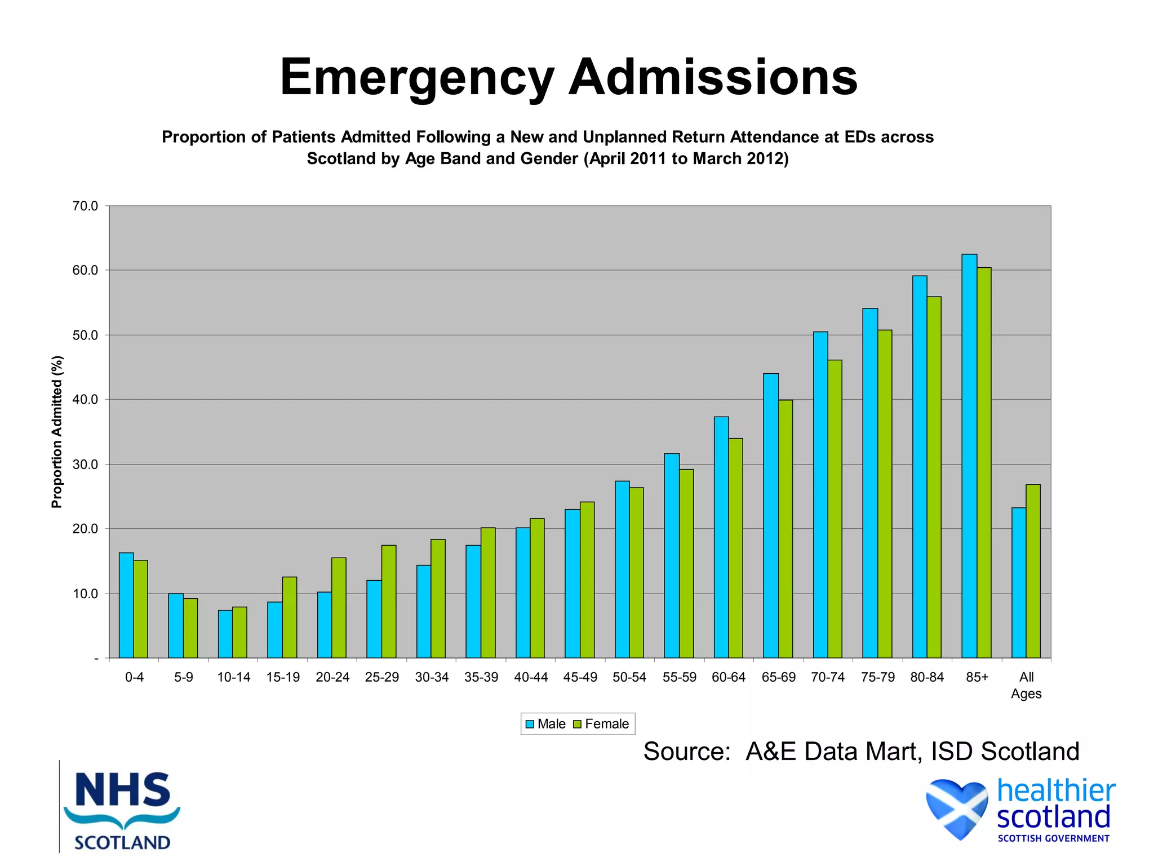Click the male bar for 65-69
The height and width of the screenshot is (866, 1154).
point(771,515)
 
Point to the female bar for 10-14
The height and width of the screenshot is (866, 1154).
point(239,632)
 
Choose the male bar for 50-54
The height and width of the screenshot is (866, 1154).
point(622,569)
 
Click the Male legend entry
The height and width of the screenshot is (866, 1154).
point(545,724)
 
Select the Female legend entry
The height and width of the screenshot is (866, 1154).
point(601,724)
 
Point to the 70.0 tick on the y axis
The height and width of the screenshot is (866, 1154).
point(85,206)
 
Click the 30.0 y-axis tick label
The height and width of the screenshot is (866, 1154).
point(85,465)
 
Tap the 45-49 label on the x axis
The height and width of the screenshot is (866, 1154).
point(580,677)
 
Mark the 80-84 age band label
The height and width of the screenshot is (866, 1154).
point(927,677)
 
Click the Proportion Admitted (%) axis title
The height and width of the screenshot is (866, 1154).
point(57,432)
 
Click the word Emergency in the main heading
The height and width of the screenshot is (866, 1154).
point(417,78)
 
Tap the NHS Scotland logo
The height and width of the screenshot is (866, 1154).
point(122,810)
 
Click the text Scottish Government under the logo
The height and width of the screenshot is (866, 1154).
point(1053,838)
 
